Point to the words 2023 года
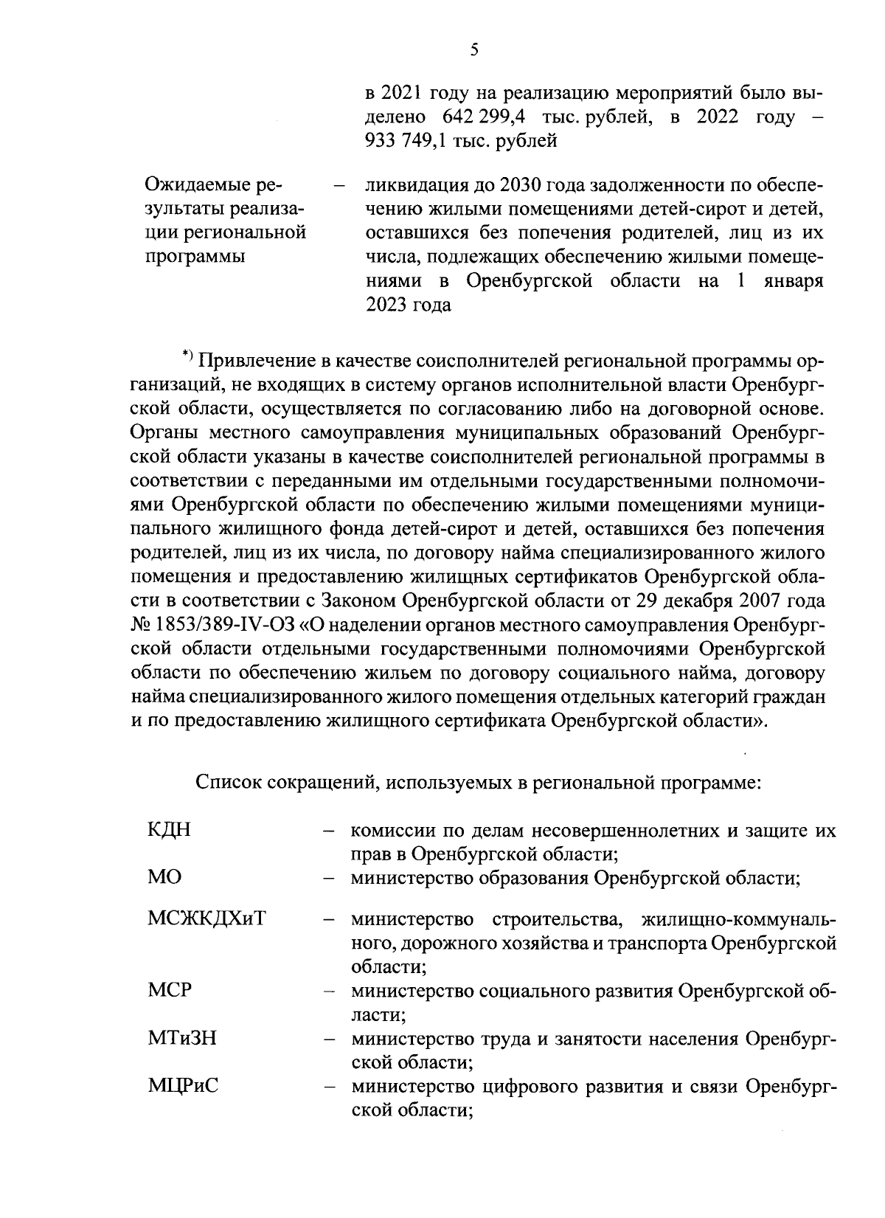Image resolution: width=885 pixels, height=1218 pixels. [x=409, y=305]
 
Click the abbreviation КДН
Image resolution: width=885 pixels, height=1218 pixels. [x=169, y=830]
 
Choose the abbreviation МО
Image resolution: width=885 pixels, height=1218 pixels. [x=164, y=878]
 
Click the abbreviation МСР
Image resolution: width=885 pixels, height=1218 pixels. [x=169, y=990]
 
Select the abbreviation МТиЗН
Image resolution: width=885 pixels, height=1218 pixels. [x=181, y=1039]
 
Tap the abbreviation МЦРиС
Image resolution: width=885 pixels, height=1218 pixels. [x=183, y=1087]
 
